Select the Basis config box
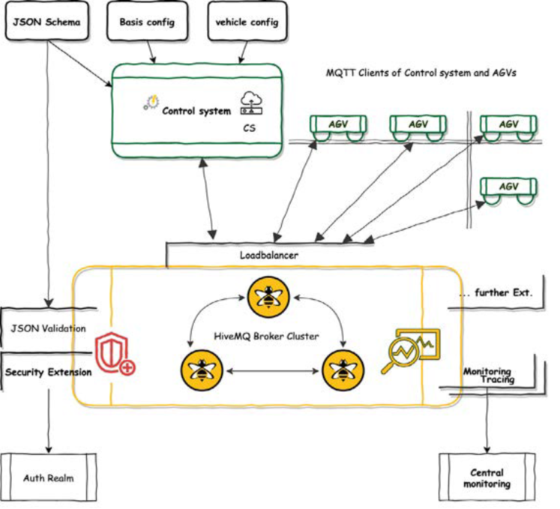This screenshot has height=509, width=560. tap(147, 22)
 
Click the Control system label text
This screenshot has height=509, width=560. tap(196, 112)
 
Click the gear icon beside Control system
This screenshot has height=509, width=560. tap(150, 103)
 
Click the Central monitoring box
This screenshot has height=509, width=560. tap(487, 478)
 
